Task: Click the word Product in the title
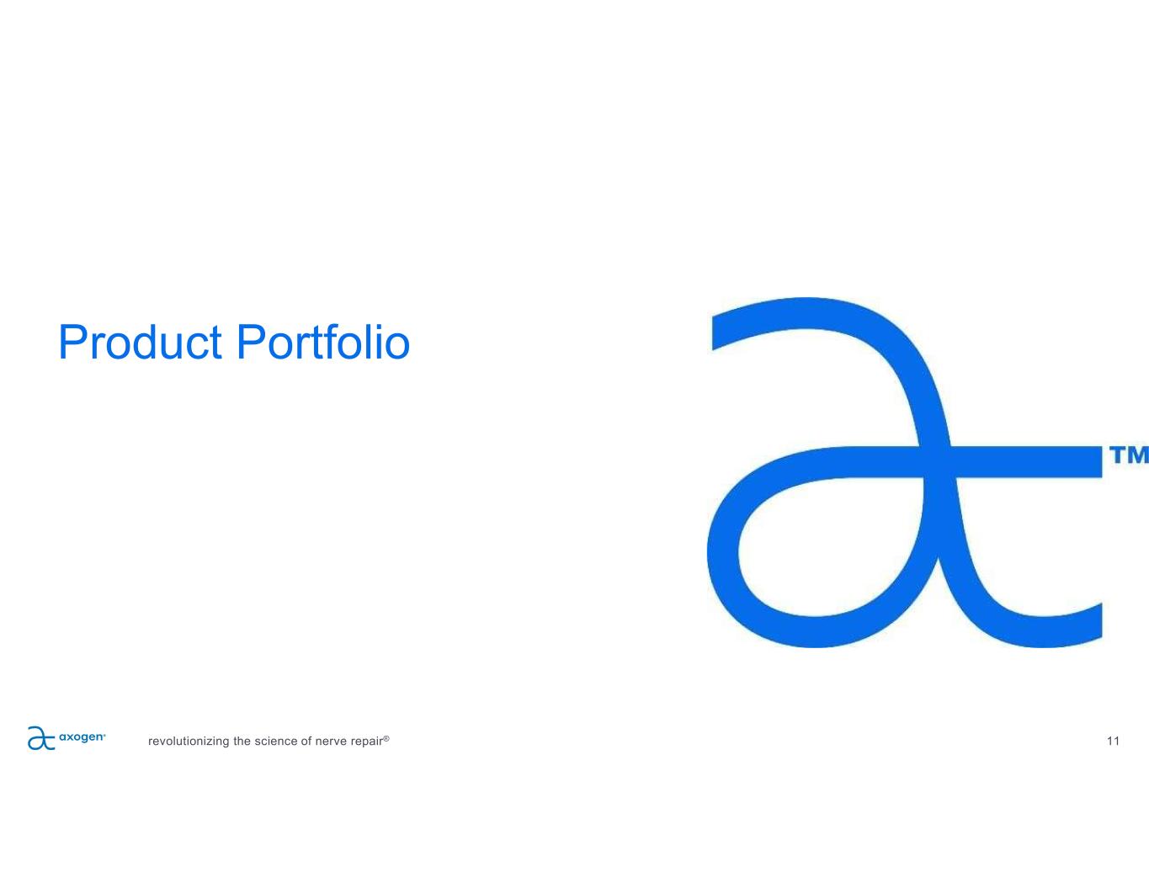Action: point(140,342)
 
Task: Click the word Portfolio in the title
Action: point(323,342)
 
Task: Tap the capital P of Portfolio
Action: point(250,342)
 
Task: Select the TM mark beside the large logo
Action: point(1128,455)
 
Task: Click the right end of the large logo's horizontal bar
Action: point(1101,461)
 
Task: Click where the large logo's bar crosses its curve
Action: point(939,461)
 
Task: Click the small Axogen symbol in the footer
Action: point(40,738)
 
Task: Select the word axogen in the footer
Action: point(82,737)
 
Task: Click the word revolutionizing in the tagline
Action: point(189,741)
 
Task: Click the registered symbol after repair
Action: point(386,738)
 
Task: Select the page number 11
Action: point(1113,741)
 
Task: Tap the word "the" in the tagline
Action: point(242,741)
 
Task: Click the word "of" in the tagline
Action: point(306,741)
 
